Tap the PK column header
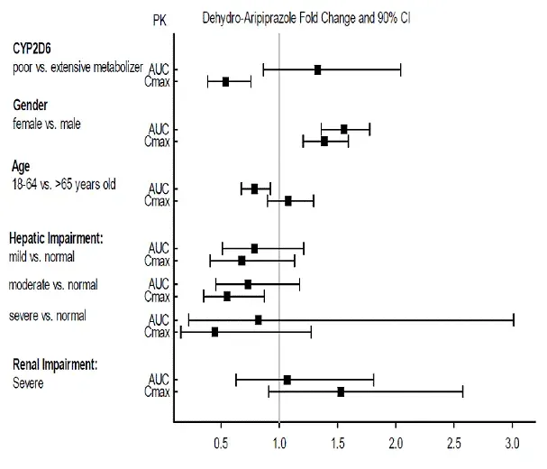click(x=159, y=19)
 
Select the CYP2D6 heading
click(x=37, y=47)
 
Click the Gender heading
click(x=30, y=106)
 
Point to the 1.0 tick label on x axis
click(x=279, y=442)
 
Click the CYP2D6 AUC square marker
click(x=317, y=69)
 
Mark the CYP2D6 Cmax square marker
click(x=225, y=81)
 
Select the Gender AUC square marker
click(x=343, y=129)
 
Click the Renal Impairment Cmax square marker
click(x=341, y=391)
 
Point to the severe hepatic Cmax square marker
click(x=214, y=332)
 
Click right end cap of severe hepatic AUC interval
click(x=513, y=319)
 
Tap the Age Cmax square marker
click(x=288, y=200)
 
